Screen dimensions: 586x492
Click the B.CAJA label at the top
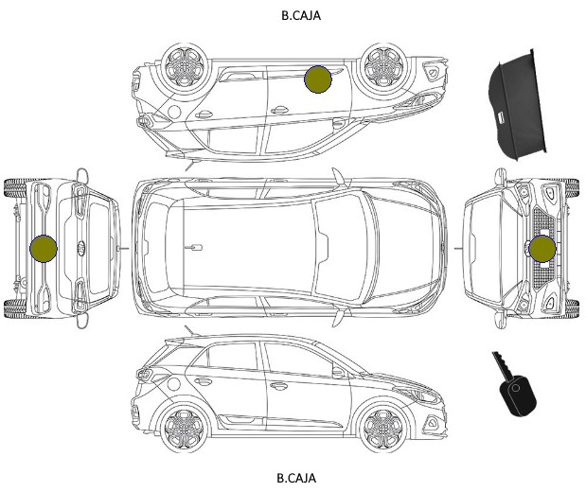pos(301,15)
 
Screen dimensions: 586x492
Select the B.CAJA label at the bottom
pos(296,478)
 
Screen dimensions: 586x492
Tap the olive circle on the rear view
pos(44,249)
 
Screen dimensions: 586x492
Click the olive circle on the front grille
pos(542,249)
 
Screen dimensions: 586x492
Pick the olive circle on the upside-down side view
pos(318,79)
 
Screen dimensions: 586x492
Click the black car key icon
pos(515,384)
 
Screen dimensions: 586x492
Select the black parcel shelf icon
pos(517,104)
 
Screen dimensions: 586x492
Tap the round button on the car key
pos(516,388)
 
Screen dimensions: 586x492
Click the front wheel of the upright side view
pos(383,428)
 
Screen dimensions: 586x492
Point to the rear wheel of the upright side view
pos(185,428)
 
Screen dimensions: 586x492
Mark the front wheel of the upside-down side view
pos(383,67)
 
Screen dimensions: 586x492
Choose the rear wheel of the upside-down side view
pos(185,67)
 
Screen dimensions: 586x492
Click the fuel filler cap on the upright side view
pos(174,383)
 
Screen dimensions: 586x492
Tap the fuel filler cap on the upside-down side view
pos(174,112)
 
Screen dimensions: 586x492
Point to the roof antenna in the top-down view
pos(193,247)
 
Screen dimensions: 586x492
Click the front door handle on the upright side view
pos(279,385)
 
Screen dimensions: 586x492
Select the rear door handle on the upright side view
pos(204,381)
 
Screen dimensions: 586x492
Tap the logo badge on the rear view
pos(81,249)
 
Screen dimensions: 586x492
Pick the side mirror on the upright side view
pos(338,372)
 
